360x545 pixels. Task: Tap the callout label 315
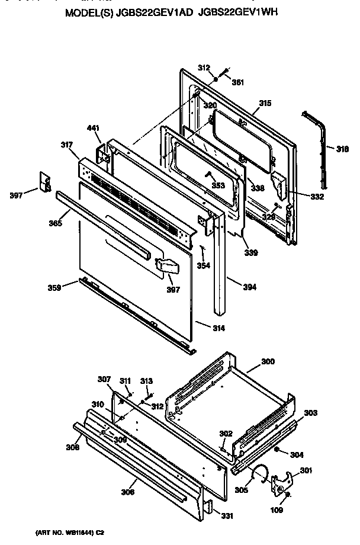point(265,103)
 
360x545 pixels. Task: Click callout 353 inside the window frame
point(218,185)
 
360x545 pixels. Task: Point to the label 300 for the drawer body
point(268,361)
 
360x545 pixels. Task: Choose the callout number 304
point(297,455)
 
